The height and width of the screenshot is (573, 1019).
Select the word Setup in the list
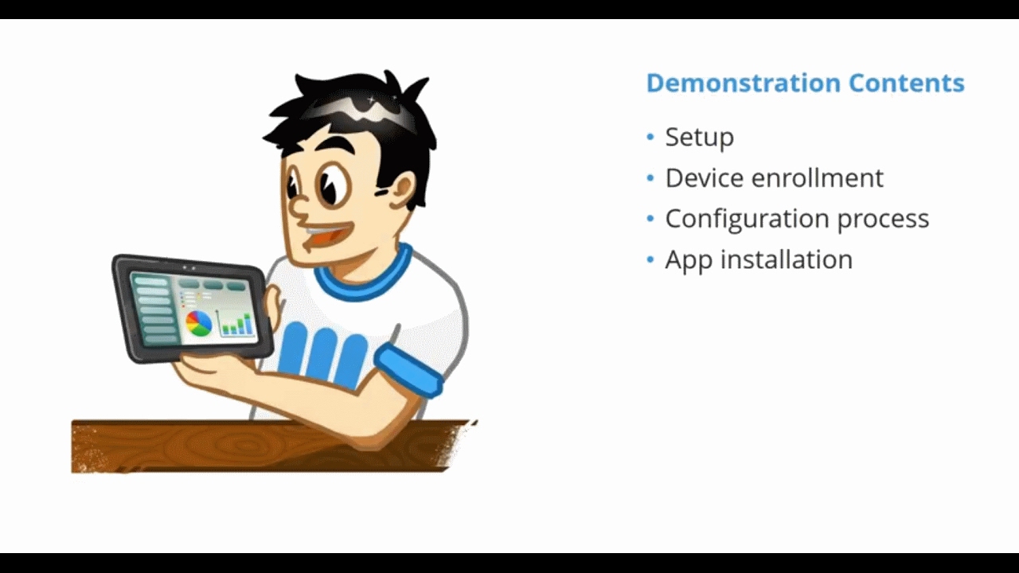699,137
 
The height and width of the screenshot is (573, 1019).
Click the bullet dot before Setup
650,137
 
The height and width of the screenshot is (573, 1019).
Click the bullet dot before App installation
650,259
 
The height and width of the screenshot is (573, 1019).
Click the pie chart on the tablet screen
199,323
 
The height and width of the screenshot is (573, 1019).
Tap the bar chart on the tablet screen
236,323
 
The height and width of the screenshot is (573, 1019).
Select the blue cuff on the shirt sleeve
408,370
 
